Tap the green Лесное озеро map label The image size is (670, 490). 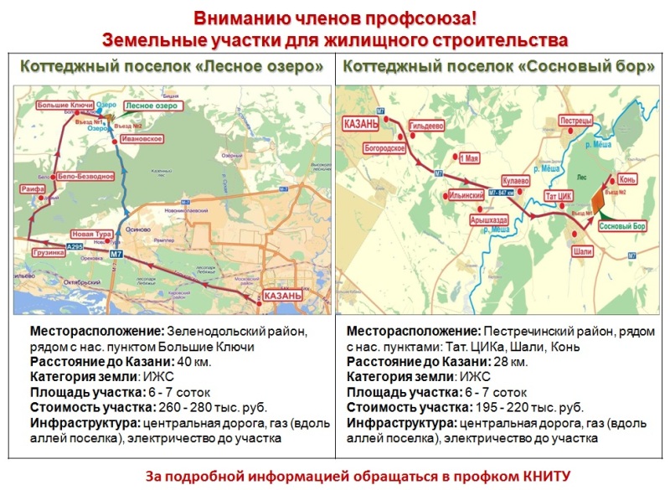152,106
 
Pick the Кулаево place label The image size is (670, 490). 516,180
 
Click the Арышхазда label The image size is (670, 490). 489,219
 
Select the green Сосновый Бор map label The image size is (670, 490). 623,227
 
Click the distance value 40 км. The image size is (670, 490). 194,362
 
